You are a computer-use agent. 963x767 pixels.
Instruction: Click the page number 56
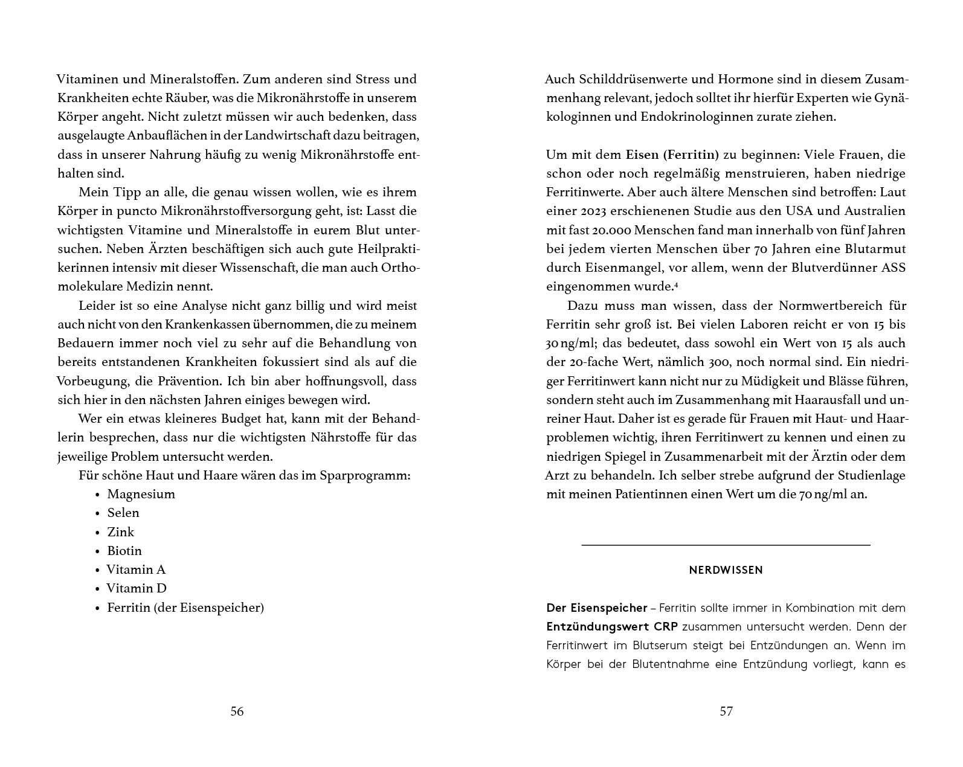coord(237,711)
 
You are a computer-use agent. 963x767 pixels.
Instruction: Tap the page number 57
coord(726,711)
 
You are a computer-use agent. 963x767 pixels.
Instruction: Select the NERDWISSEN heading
coord(726,570)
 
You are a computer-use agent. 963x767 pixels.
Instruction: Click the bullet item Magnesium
coord(141,494)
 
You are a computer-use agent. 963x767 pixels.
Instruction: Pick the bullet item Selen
coord(123,513)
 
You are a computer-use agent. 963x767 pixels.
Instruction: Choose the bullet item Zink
coord(120,532)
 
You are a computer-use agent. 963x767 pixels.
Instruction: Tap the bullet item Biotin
coord(124,551)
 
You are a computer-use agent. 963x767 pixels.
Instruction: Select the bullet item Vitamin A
coord(136,570)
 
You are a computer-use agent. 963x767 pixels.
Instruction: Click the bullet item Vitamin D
coord(137,588)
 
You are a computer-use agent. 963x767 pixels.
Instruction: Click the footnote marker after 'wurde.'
coord(675,283)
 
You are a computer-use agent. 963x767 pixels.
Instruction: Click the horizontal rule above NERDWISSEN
coord(726,545)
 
